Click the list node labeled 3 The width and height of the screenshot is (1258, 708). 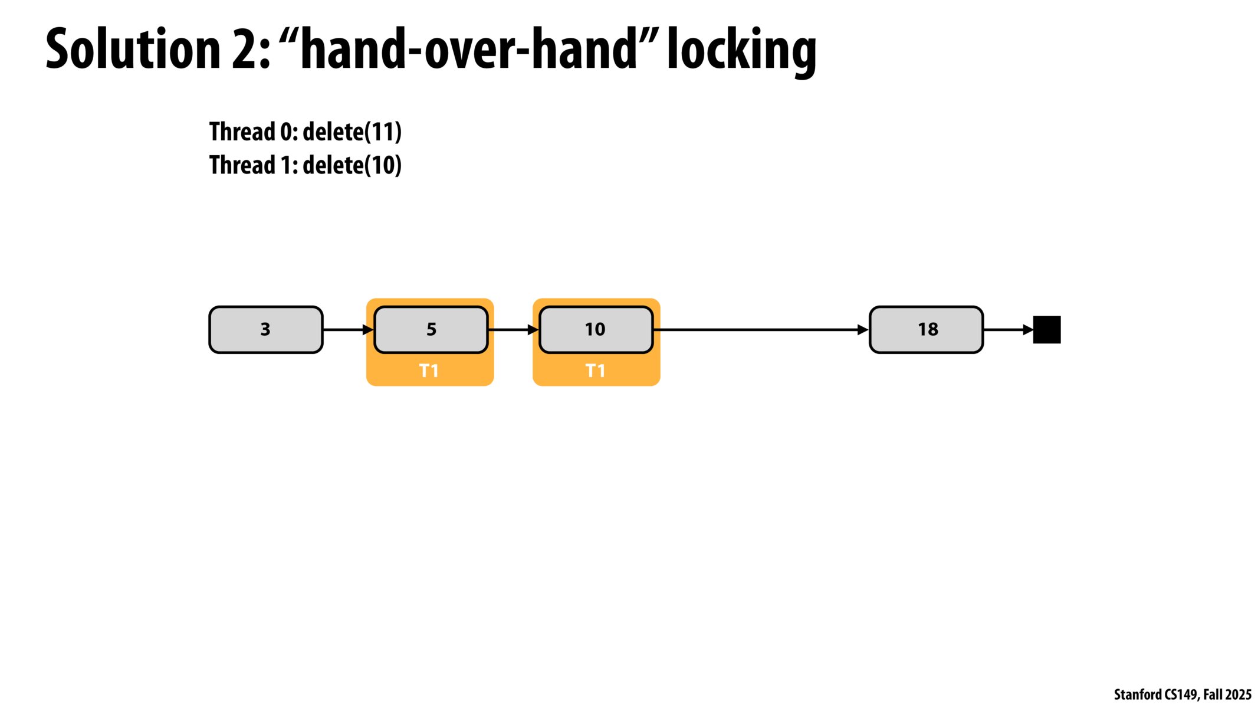pos(265,329)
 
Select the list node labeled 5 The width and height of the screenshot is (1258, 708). pos(431,329)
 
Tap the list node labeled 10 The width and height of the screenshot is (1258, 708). pos(596,329)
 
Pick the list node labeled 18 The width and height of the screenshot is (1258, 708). pos(927,329)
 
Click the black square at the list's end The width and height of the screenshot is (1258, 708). pos(1047,330)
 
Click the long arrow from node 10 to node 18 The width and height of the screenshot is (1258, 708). pos(761,330)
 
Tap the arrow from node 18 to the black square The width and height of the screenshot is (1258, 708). pos(1008,330)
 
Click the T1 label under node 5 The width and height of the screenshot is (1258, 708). pos(429,371)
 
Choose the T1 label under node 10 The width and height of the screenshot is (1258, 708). pos(595,371)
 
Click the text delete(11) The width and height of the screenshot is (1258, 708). pos(352,132)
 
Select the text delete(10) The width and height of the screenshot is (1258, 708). pos(352,165)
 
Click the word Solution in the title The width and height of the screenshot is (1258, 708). pos(133,50)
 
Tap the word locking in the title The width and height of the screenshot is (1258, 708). pos(741,51)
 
